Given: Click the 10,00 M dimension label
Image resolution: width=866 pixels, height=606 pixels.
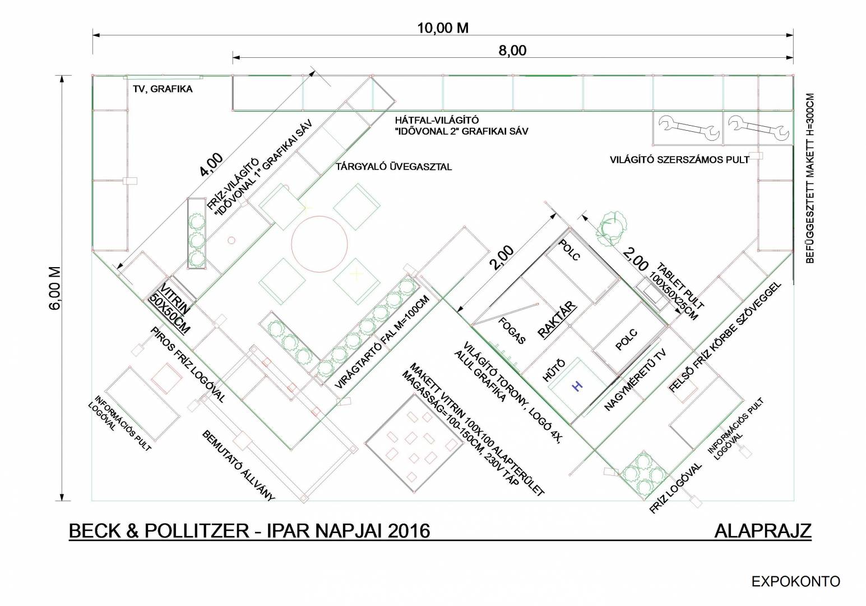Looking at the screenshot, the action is click(x=443, y=28).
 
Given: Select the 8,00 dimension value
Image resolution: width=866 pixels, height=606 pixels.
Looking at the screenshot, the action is click(x=512, y=50).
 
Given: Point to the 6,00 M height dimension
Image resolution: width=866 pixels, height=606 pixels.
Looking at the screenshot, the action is click(x=55, y=288).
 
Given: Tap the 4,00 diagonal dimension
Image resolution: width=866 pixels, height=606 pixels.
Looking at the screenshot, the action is click(x=211, y=164).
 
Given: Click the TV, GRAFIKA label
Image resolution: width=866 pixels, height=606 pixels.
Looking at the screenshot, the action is click(x=163, y=89).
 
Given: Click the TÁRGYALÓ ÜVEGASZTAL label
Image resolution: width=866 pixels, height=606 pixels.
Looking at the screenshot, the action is click(x=393, y=167).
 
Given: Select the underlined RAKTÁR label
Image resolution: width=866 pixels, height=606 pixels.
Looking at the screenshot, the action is click(x=557, y=320).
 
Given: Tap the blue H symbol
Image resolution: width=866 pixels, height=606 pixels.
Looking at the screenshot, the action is click(x=577, y=385).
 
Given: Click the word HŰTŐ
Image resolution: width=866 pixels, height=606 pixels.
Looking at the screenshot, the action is click(x=554, y=370).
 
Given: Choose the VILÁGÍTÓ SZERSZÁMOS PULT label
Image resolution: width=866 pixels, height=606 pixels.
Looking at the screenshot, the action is click(x=680, y=159).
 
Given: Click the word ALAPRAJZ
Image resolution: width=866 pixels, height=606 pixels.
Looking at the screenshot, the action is click(x=763, y=531).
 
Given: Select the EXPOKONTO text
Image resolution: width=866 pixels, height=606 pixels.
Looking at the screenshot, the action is click(x=795, y=581).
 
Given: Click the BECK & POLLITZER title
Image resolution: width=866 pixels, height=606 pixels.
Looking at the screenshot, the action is click(x=159, y=531).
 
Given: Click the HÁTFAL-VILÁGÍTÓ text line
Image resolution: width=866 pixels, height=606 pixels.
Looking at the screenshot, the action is click(x=437, y=120).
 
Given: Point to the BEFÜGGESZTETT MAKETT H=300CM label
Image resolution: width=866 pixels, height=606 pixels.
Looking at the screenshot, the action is click(x=810, y=178).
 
